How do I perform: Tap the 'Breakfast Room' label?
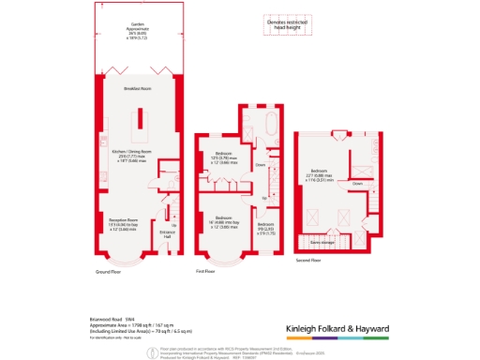139,88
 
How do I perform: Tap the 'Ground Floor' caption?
112,272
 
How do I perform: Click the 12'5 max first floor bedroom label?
223,157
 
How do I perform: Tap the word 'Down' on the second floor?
357,184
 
